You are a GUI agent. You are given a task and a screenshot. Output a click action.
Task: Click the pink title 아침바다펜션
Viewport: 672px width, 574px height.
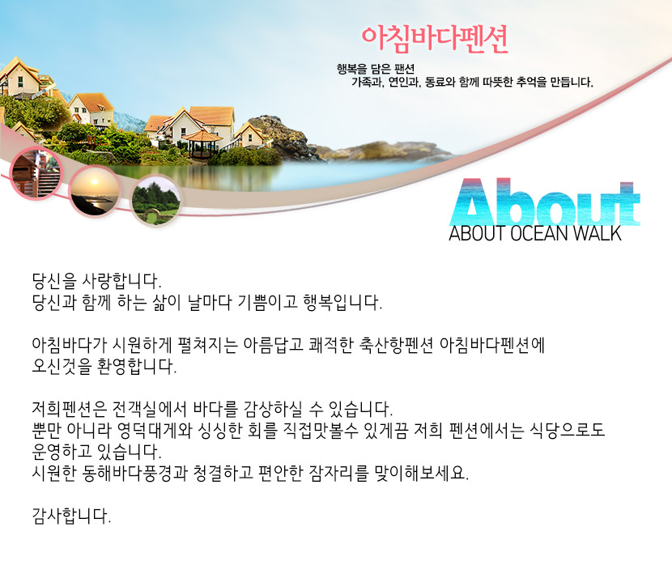point(435,38)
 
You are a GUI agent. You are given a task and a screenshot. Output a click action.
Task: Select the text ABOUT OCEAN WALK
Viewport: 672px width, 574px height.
point(534,234)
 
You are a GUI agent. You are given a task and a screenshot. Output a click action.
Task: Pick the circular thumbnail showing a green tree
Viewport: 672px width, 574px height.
point(155,202)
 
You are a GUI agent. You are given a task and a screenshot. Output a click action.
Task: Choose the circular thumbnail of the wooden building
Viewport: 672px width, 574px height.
point(36,172)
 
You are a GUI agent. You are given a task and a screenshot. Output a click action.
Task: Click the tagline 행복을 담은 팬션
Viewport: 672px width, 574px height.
point(375,68)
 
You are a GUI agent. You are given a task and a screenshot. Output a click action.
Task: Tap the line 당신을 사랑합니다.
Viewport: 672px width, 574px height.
point(96,283)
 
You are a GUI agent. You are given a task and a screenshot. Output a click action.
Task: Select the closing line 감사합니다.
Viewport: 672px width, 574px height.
point(71,516)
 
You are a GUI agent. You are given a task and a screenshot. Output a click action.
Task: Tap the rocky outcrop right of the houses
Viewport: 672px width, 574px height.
point(287,138)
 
